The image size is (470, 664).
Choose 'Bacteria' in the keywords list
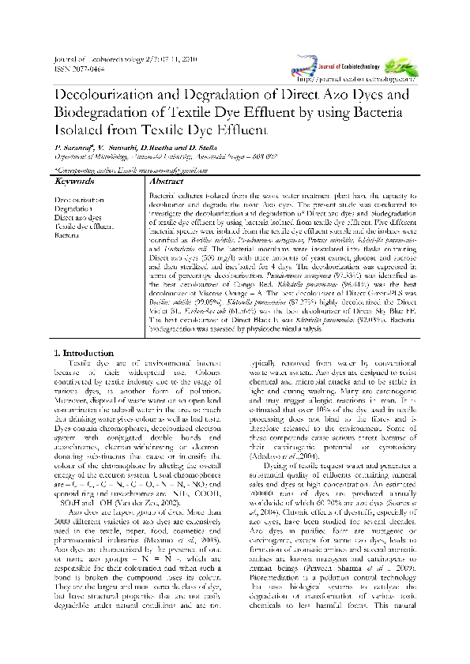tap(68, 234)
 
